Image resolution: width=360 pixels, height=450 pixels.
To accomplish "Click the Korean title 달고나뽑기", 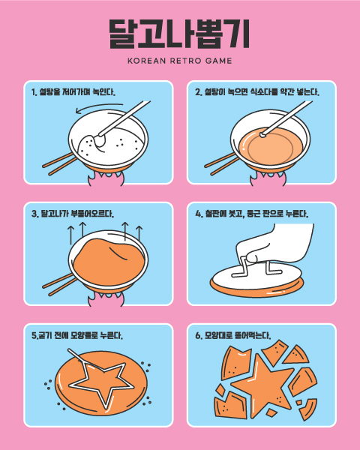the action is [x=179, y=34].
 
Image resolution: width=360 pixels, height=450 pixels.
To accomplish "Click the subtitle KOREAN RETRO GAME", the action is [x=180, y=61].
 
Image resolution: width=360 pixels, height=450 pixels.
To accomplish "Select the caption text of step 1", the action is [x=73, y=92].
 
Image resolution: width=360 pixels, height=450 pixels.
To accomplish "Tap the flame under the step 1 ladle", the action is [x=106, y=178].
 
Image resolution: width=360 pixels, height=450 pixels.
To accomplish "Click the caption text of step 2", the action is [x=257, y=92].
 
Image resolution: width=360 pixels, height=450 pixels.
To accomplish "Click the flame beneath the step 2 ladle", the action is [x=268, y=178].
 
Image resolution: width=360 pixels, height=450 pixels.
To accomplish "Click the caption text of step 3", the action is [x=73, y=214].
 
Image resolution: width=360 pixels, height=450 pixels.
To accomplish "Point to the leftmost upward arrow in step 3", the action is [x=71, y=235].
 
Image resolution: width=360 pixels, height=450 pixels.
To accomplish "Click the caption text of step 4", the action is [x=252, y=214].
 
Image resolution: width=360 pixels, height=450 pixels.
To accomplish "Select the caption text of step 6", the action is [x=232, y=335].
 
